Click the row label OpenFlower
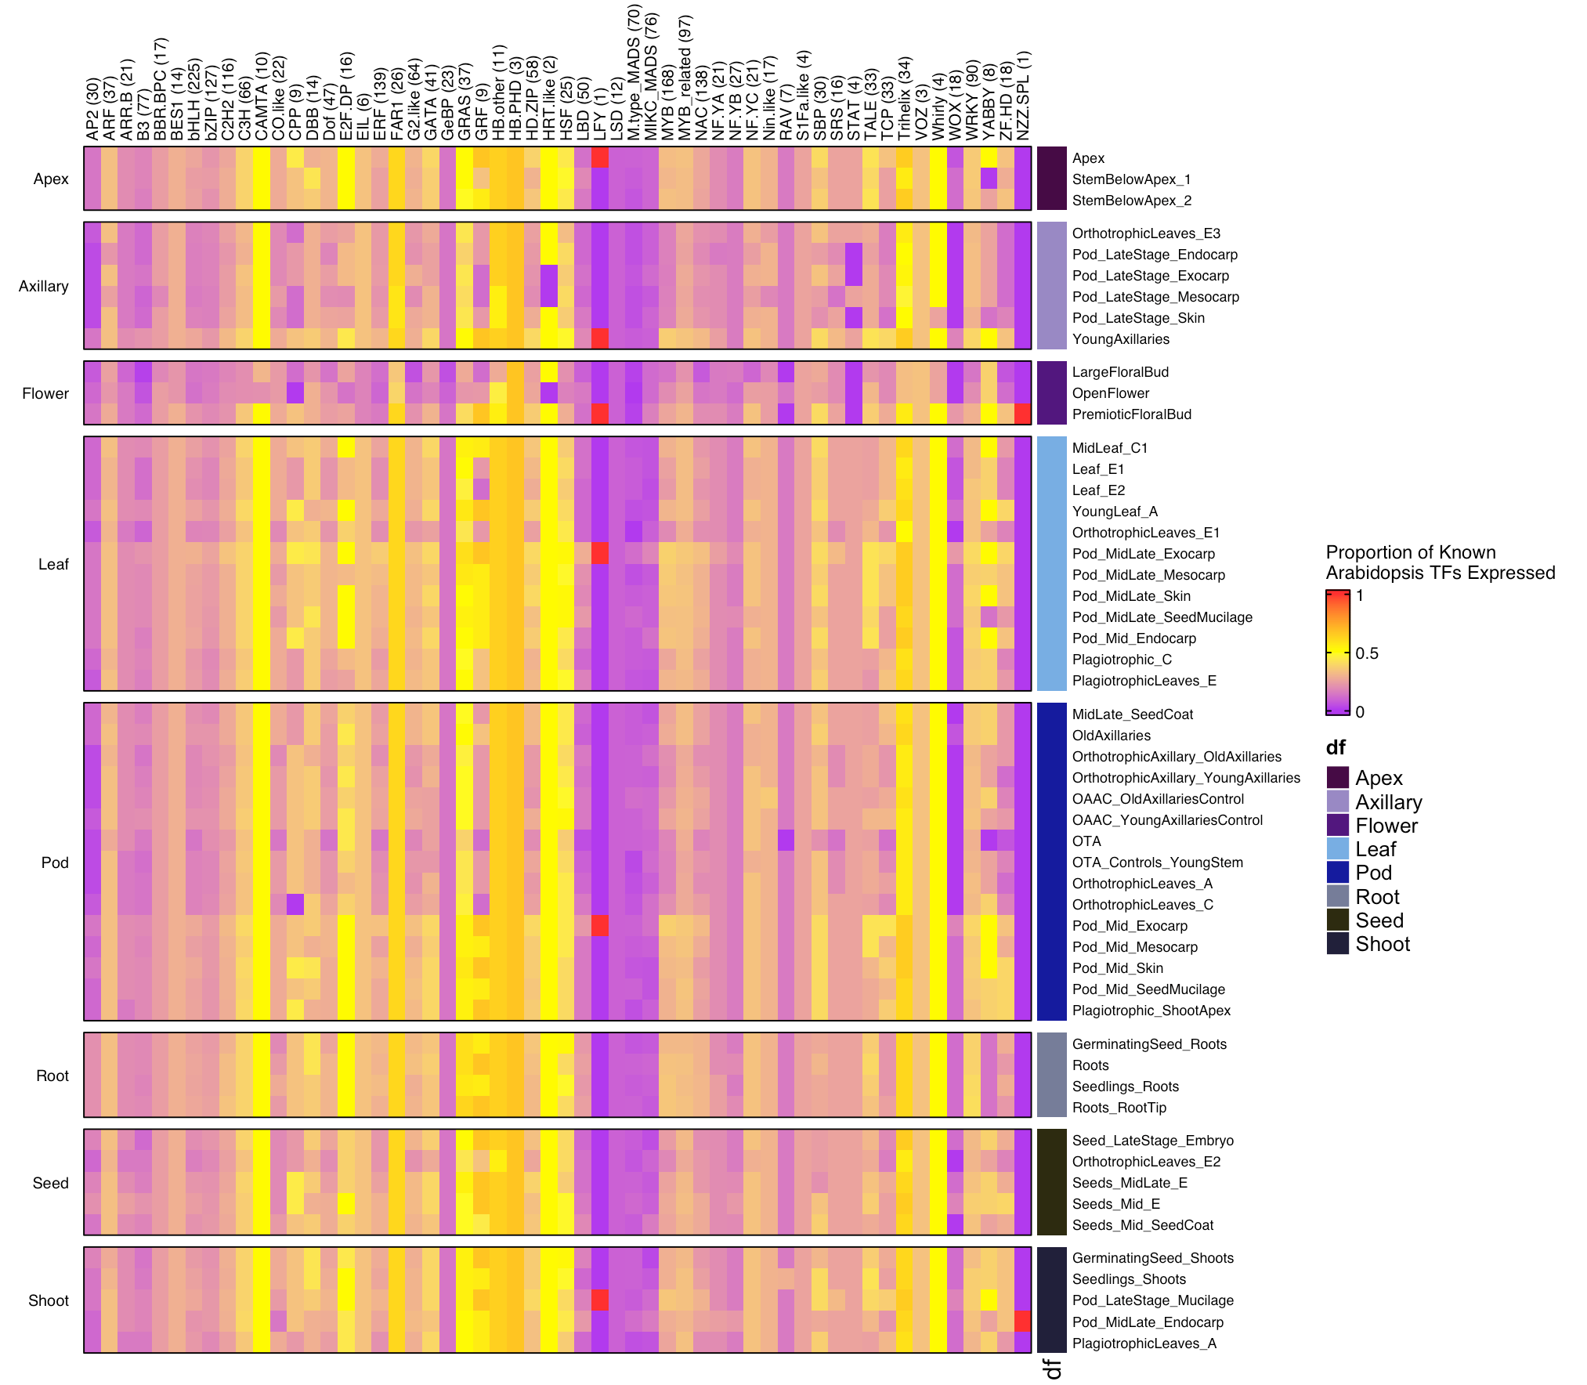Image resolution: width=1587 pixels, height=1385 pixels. (1110, 393)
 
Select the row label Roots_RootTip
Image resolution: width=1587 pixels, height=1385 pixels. (1119, 1108)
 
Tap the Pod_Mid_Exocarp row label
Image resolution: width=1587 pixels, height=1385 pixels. (1130, 926)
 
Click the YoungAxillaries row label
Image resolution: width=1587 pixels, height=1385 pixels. (1120, 339)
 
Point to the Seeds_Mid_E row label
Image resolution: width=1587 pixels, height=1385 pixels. (1115, 1204)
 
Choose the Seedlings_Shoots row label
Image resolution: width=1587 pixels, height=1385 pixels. (1129, 1279)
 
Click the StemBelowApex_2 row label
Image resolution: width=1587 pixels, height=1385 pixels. (1131, 201)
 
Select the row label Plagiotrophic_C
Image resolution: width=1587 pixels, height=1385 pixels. (1122, 660)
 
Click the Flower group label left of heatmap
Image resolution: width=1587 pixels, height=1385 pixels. (45, 393)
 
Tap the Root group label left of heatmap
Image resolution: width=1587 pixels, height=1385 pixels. (52, 1076)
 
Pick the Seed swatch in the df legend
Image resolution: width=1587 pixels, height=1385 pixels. (1337, 920)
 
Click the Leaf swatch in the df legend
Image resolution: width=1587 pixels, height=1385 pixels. (1337, 849)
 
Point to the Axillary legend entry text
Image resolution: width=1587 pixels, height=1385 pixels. (1388, 802)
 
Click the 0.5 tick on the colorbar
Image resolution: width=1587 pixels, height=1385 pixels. (1366, 653)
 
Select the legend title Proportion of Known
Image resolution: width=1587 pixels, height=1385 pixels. (1410, 552)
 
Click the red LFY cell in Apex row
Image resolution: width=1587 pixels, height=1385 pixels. (600, 157)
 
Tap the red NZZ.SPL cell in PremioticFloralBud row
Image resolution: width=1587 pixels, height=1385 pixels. (1022, 414)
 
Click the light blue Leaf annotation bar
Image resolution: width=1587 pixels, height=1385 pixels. (1051, 564)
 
